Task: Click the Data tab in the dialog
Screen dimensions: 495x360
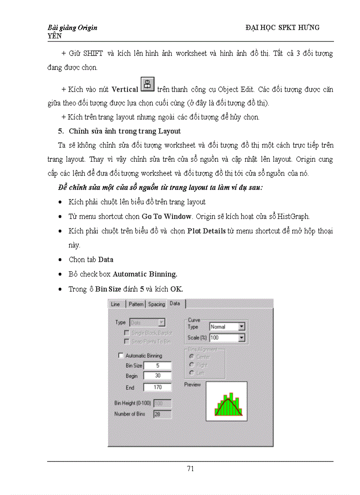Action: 175,304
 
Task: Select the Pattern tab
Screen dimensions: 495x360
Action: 136,304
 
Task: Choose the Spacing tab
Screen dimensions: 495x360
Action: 156,304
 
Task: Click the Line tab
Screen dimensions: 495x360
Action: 116,304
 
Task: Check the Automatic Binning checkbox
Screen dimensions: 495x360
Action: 121,355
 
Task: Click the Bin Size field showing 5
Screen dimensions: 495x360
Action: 157,365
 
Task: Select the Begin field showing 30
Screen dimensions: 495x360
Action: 157,376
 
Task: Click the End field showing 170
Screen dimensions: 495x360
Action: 157,387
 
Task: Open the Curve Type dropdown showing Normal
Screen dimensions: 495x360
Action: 241,327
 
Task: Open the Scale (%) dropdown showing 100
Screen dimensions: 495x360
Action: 241,338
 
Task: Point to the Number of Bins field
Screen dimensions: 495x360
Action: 162,414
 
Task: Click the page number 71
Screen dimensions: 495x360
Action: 190,469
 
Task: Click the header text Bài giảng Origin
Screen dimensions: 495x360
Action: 72,27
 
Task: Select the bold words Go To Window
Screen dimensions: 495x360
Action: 167,216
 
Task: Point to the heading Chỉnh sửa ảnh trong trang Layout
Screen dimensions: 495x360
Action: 124,131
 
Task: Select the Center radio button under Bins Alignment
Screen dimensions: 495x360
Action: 191,357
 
